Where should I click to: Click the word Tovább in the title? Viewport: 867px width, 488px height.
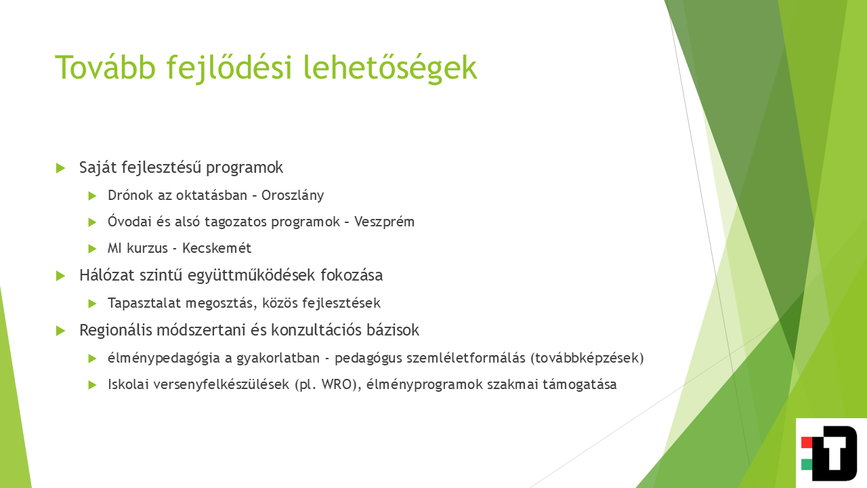pos(105,67)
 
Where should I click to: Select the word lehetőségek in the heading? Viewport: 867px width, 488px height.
pos(390,68)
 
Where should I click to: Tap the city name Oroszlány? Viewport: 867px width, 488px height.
pos(293,196)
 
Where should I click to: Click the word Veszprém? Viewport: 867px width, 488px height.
pos(384,222)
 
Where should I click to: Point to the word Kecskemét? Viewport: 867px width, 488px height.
pos(217,248)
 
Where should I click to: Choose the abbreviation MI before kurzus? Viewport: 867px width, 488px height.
pos(114,248)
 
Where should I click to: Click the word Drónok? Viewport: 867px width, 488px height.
pos(131,195)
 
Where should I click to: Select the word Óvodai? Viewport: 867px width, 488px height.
pos(129,222)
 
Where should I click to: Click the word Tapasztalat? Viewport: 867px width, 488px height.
pos(144,303)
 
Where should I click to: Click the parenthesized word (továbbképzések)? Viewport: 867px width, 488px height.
pos(587,359)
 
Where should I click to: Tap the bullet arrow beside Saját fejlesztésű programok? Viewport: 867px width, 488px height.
pos(60,168)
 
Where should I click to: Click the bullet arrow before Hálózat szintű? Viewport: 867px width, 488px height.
pos(60,276)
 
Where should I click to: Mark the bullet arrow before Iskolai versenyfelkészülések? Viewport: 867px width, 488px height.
pos(92,385)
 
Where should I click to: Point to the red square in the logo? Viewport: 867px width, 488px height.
pos(807,443)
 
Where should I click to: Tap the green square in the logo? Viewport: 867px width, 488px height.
pos(807,464)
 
